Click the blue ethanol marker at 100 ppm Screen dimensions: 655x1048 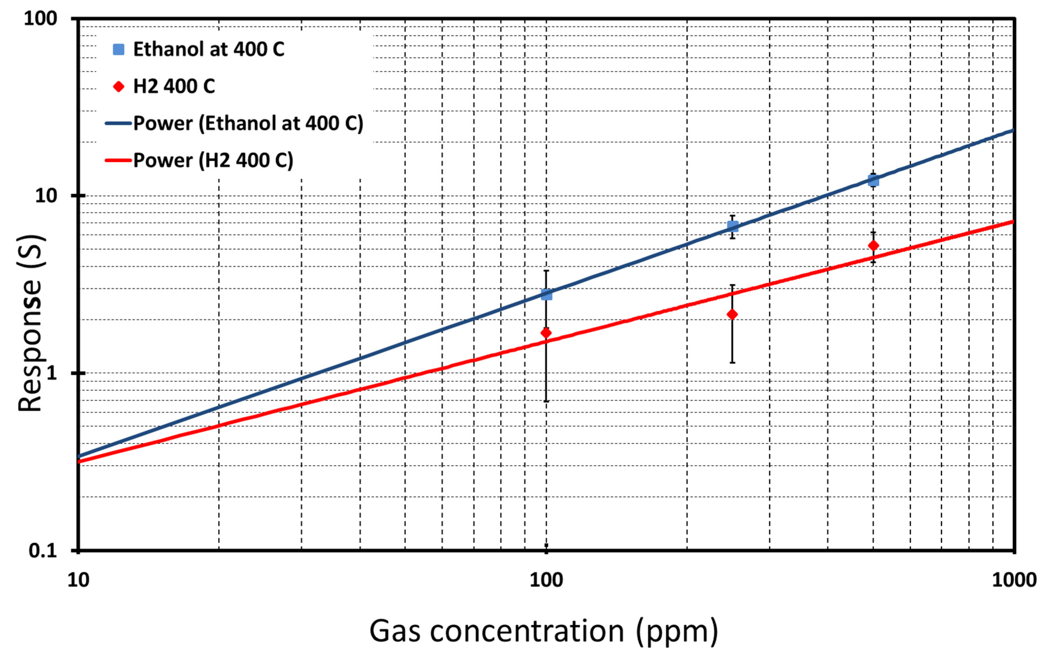(546, 295)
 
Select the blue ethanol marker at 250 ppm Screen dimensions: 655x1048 (732, 226)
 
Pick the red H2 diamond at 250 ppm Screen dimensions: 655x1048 (732, 314)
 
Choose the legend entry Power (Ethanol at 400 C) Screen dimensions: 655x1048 (248, 123)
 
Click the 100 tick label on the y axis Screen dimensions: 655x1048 (40, 19)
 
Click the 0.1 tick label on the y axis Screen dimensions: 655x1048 (43, 550)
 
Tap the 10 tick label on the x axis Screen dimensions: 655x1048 (78, 580)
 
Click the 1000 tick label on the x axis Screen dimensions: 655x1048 (1014, 580)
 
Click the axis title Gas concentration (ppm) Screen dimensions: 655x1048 (544, 631)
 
